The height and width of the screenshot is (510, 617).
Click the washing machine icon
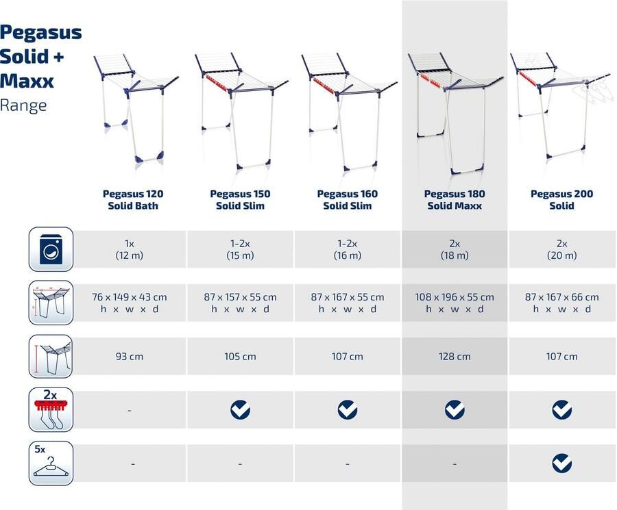click(x=51, y=250)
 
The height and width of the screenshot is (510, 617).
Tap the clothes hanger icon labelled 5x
click(x=51, y=464)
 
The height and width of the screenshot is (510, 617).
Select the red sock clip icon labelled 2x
click(x=51, y=410)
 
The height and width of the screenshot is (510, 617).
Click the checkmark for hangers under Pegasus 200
click(x=561, y=463)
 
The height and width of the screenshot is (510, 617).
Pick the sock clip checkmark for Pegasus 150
click(x=240, y=410)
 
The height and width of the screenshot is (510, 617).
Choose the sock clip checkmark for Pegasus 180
click(x=455, y=410)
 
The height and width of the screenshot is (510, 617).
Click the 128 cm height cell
click(x=455, y=357)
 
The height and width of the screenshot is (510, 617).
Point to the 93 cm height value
click(x=130, y=357)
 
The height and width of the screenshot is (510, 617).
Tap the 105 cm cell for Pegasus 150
click(x=240, y=357)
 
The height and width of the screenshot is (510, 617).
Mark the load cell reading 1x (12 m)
click(x=130, y=250)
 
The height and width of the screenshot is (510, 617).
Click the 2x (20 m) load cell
click(x=561, y=250)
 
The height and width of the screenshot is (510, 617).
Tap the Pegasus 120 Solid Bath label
click(x=133, y=199)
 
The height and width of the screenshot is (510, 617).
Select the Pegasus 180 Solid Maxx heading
click(x=455, y=199)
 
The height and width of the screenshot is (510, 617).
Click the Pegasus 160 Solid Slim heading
click(x=348, y=199)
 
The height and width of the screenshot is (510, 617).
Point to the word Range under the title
click(x=23, y=105)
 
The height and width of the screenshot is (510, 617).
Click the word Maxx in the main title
click(x=26, y=81)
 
